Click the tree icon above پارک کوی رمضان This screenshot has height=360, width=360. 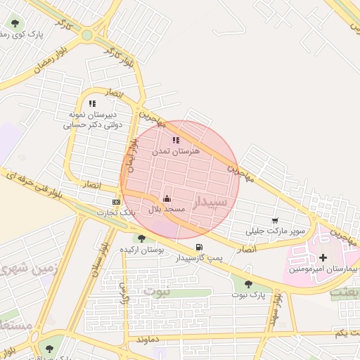tap(15, 23)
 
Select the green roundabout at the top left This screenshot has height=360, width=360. tap(86, 34)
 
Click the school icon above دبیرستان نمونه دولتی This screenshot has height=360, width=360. tap(92, 104)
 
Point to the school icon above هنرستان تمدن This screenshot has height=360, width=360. tap(176, 140)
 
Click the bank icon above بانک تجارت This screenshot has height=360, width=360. tap(116, 202)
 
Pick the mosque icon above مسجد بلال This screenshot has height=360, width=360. tap(167, 199)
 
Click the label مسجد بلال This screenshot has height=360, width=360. tap(166, 210)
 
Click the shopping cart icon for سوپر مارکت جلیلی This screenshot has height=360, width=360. tap(275, 220)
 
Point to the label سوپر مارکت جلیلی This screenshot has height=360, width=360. tap(276, 231)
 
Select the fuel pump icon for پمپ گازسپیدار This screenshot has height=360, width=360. tap(199, 247)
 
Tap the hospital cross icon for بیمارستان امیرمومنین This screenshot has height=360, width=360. tap(323, 258)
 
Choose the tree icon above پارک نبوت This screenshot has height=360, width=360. tap(248, 284)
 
